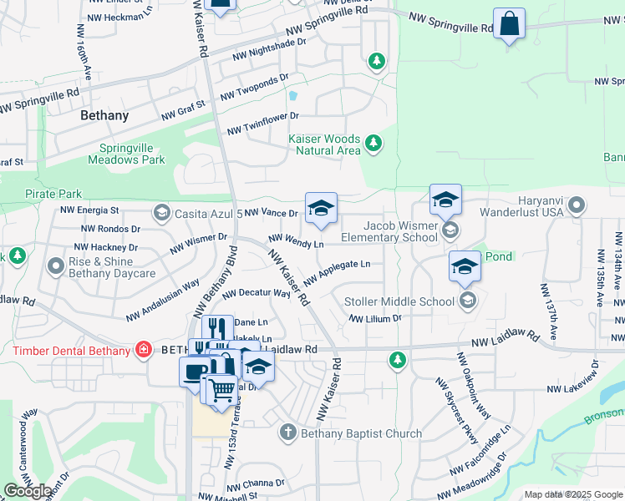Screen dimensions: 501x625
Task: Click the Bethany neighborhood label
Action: point(104,116)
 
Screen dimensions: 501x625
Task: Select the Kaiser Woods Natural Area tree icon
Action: point(373,145)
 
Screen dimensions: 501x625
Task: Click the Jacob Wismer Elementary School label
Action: point(400,231)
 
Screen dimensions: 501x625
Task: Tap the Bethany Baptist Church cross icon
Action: point(287,432)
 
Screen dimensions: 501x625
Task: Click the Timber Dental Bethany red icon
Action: point(144,350)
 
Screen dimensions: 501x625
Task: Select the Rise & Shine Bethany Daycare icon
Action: point(56,266)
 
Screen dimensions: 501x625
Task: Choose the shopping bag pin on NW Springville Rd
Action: point(508,24)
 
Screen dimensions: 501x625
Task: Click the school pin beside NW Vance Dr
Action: point(321,209)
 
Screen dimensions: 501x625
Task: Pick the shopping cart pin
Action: point(221,389)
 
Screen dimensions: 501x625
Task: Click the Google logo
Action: point(28,491)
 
